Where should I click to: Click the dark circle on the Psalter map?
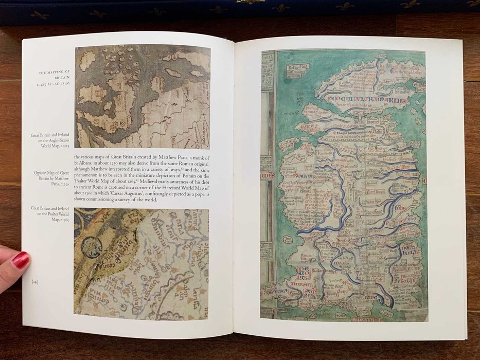92,247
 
